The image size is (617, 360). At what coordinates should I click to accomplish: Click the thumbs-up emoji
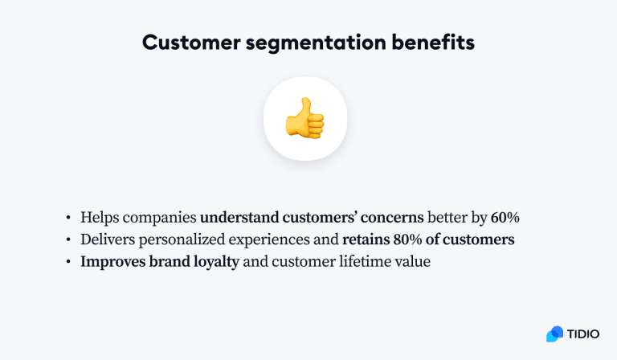[x=305, y=118]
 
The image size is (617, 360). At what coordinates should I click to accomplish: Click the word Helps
[x=99, y=217]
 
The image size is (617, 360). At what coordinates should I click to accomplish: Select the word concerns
[x=390, y=217]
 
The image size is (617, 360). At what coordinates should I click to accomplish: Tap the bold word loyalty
[x=215, y=262]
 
